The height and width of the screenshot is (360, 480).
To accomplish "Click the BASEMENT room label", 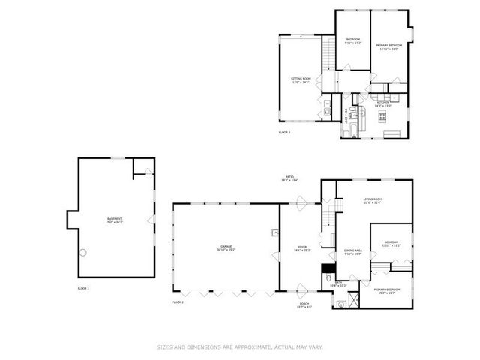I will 114,220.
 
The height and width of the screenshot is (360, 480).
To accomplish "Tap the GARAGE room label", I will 225,247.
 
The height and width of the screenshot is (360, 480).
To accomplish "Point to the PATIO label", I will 289,178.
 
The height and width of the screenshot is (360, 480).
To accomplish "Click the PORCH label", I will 304,305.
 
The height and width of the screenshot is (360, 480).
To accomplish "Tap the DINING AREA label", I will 352,252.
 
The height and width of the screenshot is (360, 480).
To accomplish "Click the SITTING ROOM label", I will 301,80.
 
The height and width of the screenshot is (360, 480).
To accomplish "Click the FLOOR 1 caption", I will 83,288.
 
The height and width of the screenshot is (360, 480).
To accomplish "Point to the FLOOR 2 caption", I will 178,301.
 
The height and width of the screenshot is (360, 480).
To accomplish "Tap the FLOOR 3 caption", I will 284,132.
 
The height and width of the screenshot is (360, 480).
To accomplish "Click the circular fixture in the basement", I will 84,252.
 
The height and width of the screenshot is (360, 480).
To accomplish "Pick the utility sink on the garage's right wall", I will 276,233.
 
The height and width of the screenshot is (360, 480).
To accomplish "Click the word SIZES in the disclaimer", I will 163,346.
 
